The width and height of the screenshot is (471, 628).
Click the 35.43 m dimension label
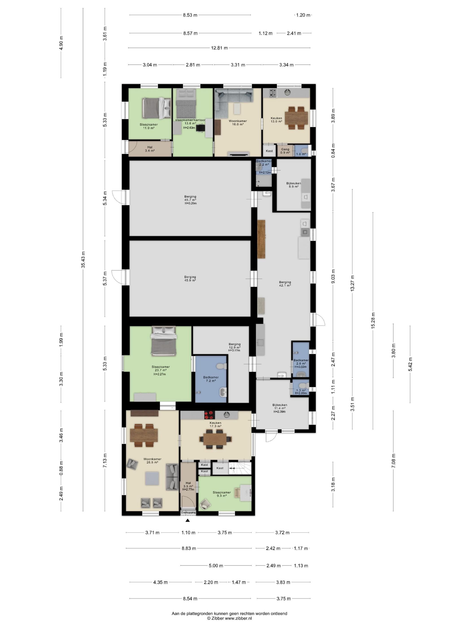(83, 259)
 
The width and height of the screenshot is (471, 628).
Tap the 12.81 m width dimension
(219, 48)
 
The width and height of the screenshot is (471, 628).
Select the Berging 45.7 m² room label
(190, 200)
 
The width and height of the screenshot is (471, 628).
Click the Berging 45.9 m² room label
(190, 279)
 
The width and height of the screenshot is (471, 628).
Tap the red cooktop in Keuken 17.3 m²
(209, 415)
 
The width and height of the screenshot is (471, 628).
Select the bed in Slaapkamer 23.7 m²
(164, 341)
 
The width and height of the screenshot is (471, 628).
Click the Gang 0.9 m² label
(285, 151)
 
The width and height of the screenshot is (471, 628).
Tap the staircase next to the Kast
(240, 468)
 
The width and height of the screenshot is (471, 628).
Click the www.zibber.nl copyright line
(229, 618)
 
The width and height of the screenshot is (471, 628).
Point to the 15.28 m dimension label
(373, 321)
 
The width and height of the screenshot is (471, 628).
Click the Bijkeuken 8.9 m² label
(294, 185)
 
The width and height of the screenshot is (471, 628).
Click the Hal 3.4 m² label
(150, 149)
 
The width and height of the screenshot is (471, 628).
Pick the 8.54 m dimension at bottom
(190, 598)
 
